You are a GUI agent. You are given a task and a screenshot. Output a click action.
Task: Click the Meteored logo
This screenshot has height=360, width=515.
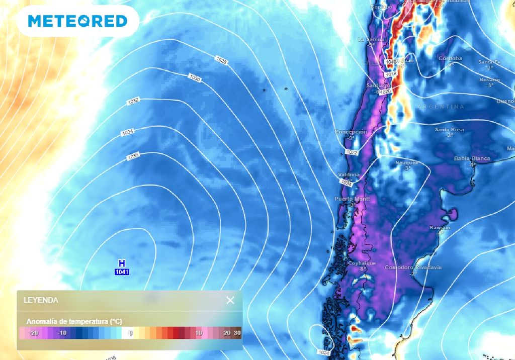(x=77, y=21)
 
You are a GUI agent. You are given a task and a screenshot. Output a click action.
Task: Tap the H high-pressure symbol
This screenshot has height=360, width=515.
(x=122, y=263)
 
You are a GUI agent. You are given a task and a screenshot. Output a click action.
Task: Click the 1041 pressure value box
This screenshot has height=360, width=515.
(x=122, y=272)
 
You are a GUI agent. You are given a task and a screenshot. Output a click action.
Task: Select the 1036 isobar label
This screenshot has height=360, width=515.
(x=133, y=156)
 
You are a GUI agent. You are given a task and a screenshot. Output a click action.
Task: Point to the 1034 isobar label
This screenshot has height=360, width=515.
(x=127, y=133)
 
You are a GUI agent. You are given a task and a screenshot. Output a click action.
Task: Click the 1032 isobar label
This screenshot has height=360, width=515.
(x=133, y=101)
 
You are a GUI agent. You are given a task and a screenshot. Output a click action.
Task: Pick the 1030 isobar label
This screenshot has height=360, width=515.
(x=195, y=78)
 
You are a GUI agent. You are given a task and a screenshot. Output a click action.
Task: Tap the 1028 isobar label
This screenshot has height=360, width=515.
(x=221, y=60)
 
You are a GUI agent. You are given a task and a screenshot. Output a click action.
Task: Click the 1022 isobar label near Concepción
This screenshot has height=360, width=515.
(x=352, y=152)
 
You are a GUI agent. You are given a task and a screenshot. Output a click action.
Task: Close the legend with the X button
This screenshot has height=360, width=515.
(x=230, y=300)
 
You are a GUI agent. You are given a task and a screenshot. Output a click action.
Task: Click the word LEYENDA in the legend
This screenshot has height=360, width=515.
(x=41, y=300)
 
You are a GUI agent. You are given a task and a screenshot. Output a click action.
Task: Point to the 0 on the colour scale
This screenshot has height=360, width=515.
(x=130, y=333)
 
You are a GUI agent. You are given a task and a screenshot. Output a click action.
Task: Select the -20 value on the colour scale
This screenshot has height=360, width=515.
(x=34, y=333)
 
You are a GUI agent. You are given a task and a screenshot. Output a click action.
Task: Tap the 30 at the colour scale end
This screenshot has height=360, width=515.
(x=237, y=333)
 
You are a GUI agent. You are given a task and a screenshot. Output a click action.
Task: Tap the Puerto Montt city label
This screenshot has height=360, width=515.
(x=352, y=199)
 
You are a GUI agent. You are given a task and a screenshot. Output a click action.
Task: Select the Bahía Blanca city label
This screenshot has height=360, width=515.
(x=472, y=158)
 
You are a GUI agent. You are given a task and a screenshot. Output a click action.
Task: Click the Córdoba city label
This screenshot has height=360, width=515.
(x=450, y=58)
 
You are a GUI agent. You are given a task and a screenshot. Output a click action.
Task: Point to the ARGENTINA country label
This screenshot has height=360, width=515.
(x=441, y=107)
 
